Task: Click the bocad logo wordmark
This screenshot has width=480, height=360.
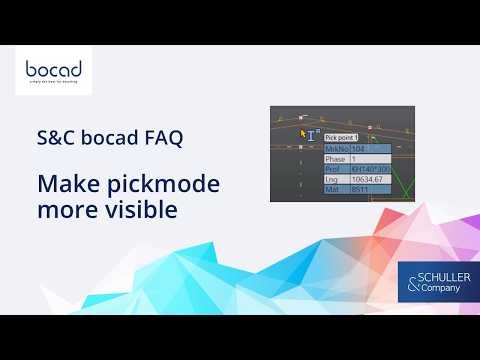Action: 52,70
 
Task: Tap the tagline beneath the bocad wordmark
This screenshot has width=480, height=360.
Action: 52,85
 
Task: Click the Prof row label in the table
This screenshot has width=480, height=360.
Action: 332,169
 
